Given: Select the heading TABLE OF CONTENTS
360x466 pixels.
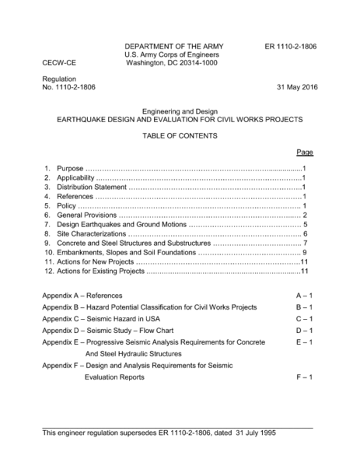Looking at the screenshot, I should [x=180, y=136].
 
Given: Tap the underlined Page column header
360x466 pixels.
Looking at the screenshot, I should [x=305, y=152].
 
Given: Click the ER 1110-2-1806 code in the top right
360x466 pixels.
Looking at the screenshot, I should [x=291, y=46].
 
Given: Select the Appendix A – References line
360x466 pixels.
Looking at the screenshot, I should [x=82, y=296].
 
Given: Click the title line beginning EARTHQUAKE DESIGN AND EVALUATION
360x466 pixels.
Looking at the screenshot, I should [x=180, y=121].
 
